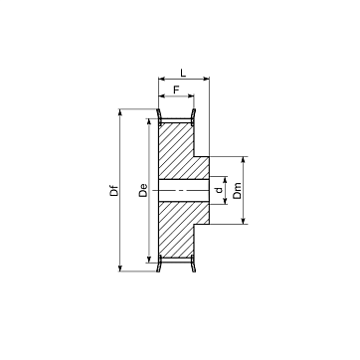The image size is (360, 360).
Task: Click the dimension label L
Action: pos(183,73)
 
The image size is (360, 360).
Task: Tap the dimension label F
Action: pos(176,90)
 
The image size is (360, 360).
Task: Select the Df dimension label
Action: pos(114,191)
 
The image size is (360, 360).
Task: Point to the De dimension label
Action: pos(143,190)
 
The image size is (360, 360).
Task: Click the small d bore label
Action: pos(219,190)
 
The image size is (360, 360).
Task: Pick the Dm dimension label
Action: pos(238,191)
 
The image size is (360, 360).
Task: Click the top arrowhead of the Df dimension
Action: pos(120,112)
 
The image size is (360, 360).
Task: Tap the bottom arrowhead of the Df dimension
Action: pos(120,269)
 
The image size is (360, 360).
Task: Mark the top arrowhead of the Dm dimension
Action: pos(244,160)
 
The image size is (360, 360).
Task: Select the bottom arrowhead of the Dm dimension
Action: pos(244,221)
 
